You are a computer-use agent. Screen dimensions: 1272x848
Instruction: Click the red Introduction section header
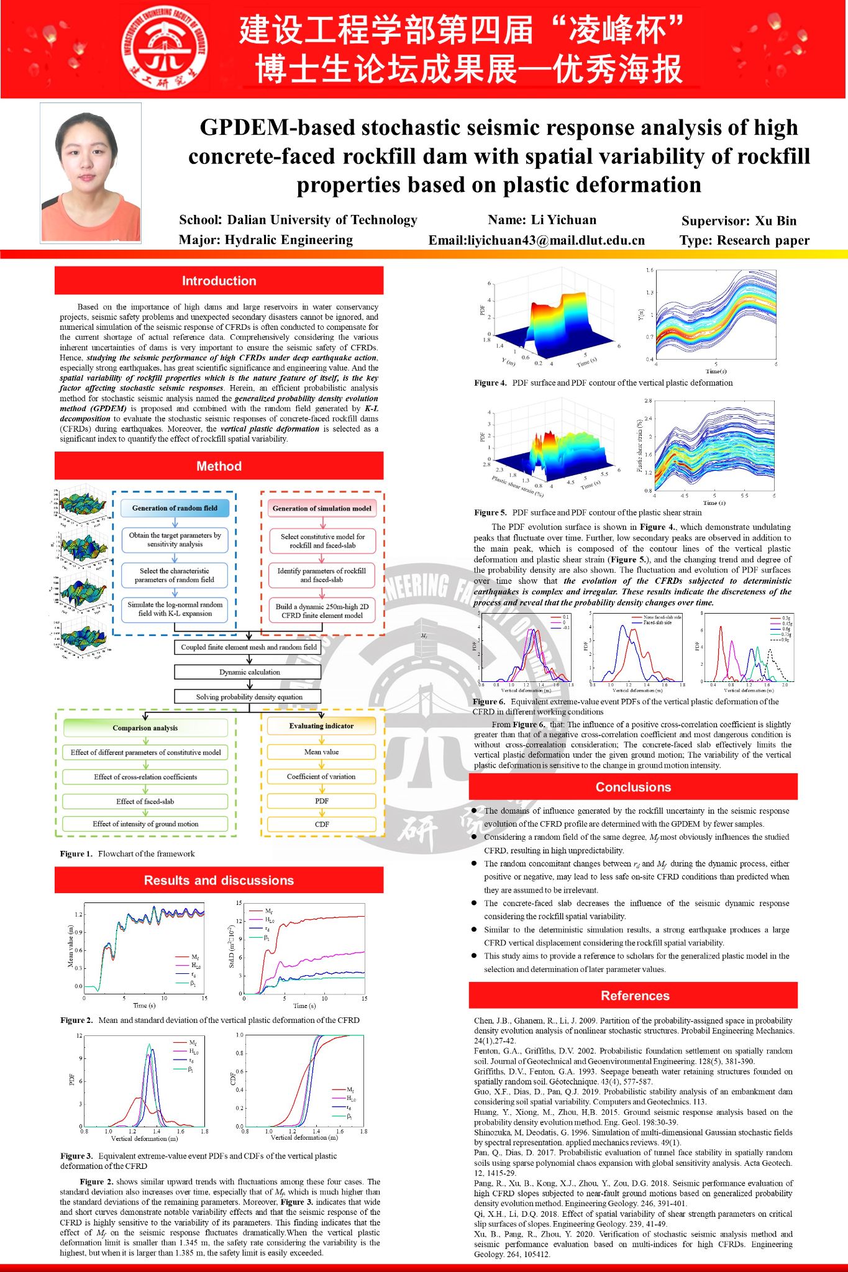pos(219,281)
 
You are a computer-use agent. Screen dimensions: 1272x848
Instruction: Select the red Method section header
pos(219,466)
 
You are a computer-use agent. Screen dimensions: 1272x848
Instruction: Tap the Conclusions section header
pos(633,787)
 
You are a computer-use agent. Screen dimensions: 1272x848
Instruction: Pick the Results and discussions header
pos(219,880)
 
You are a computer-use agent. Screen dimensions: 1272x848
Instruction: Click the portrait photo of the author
pos(91,172)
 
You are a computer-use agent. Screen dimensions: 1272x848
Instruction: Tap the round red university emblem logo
pos(164,48)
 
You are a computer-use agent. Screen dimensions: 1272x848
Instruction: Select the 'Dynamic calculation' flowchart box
pos(248,672)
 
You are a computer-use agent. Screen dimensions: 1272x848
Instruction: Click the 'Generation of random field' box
pos(175,508)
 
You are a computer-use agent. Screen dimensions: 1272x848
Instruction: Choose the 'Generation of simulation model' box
pos(322,508)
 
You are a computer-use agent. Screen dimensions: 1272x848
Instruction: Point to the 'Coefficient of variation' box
pos(321,776)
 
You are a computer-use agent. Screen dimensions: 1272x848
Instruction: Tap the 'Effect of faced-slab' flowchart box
pos(145,801)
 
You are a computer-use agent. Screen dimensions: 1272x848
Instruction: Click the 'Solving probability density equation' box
pos(248,697)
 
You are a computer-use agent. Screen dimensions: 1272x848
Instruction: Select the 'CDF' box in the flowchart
pos(321,824)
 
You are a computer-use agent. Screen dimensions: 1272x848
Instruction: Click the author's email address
pos(537,240)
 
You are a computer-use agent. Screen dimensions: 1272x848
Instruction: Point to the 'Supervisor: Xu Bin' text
pos(738,220)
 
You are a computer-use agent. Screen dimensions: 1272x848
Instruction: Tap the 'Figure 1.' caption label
pos(76,853)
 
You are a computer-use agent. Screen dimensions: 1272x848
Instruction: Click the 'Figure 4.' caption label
pos(490,383)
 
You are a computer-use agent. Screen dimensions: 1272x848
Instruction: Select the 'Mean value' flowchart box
pos(321,752)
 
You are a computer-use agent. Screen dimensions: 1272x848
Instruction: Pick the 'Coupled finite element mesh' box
pos(248,647)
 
